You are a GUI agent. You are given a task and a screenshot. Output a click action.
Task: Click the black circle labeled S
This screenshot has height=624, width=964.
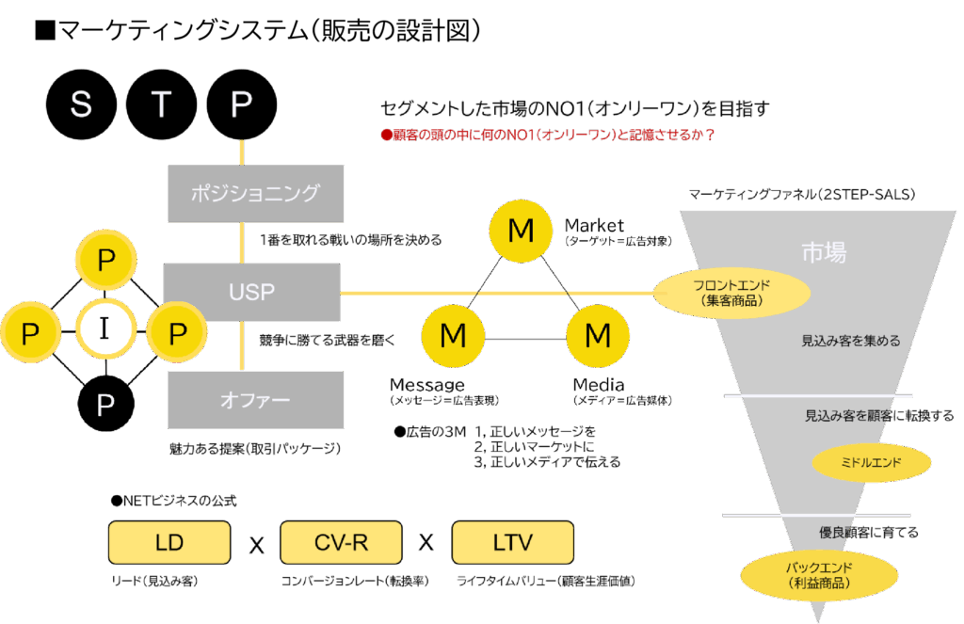[x=81, y=104]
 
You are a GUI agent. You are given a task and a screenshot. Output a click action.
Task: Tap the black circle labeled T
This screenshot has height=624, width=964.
[x=161, y=104]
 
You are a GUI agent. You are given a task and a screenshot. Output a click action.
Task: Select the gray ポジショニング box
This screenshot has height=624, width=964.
[x=255, y=194]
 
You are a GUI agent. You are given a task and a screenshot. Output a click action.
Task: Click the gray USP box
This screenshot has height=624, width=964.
[x=251, y=293]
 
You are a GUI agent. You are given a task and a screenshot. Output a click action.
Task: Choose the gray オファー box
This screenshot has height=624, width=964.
[x=255, y=400]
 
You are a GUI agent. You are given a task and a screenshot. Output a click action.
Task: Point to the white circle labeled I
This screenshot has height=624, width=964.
[x=104, y=330]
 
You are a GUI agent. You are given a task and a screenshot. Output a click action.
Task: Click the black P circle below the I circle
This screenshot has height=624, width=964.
[x=105, y=405]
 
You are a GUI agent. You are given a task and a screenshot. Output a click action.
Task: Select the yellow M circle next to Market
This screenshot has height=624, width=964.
[x=520, y=229]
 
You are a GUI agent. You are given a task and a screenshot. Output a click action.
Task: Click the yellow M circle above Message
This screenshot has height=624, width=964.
[x=453, y=334]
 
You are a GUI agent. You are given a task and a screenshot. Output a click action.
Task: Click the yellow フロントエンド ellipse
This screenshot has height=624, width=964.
[x=732, y=292]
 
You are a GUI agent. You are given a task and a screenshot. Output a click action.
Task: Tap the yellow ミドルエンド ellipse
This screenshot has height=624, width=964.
[x=871, y=462]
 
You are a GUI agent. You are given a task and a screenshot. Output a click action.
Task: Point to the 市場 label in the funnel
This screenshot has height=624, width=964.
[x=823, y=252]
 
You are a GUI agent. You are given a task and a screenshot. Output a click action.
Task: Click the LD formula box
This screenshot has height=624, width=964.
[x=169, y=543]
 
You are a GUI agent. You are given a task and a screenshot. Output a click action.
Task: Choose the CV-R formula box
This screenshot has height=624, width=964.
[x=341, y=543]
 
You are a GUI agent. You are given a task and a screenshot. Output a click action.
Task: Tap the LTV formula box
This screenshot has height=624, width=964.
[x=512, y=543]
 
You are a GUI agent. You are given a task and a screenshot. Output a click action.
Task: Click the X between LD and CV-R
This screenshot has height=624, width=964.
[x=256, y=545]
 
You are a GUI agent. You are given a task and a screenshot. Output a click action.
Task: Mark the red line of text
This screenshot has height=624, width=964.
[x=547, y=135]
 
